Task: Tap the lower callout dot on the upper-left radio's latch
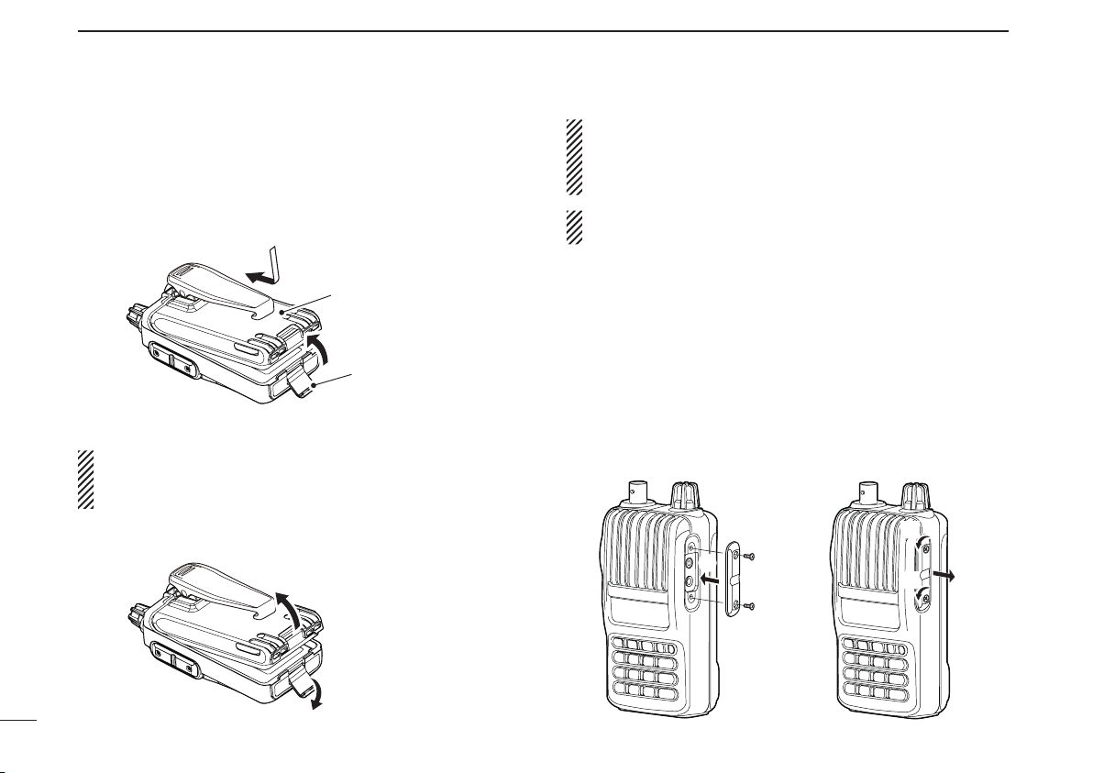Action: click(313, 388)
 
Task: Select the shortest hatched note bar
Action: click(574, 226)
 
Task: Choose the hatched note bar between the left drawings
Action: click(86, 480)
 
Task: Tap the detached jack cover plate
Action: click(732, 580)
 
